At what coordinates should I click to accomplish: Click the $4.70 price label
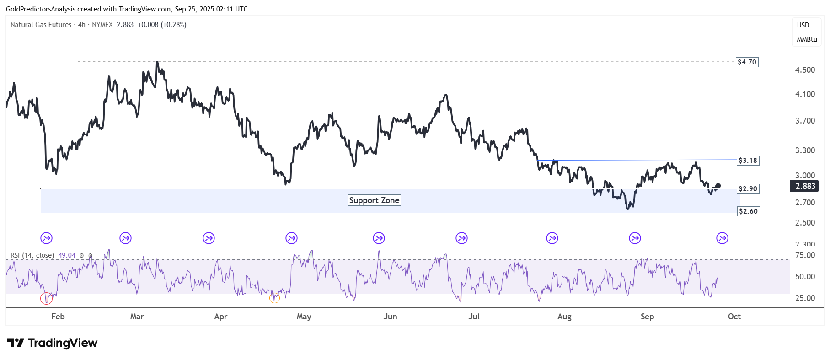coord(747,62)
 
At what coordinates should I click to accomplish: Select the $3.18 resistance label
coord(748,161)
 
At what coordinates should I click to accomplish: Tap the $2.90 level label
coord(748,189)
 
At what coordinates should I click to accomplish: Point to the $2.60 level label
coord(748,211)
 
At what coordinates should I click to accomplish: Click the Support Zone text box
coord(374,200)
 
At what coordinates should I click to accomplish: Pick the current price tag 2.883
coord(805,186)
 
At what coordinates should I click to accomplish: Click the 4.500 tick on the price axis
coord(805,70)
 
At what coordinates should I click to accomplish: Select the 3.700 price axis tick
coord(805,121)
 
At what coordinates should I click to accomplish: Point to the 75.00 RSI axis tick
coord(805,255)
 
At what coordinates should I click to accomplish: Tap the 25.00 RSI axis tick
coord(805,298)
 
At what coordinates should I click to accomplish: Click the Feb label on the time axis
coord(58,317)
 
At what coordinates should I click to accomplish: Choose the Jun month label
coord(390,317)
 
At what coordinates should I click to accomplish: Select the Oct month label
coord(734,317)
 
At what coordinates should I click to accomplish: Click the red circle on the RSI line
coord(46,299)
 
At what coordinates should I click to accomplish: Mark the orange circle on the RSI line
coord(274,298)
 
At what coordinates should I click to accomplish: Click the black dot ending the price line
coord(718,186)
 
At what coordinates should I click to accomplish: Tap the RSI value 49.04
coord(67,255)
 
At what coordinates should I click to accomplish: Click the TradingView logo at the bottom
coord(52,343)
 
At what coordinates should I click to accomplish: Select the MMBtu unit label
coord(807,39)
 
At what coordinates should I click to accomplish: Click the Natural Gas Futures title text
coord(41,25)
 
